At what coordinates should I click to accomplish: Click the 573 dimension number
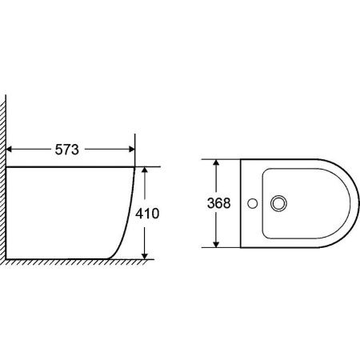(67, 150)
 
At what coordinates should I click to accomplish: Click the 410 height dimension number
(147, 214)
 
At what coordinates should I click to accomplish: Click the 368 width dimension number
(219, 203)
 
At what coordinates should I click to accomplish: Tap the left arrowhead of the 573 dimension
(9, 150)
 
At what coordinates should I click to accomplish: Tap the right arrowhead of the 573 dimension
(132, 150)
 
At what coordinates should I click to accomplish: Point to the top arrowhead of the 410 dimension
(145, 170)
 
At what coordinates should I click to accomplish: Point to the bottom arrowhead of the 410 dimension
(145, 256)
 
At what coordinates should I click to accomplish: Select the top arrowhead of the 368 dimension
(216, 162)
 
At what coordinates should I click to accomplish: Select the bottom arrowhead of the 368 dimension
(216, 244)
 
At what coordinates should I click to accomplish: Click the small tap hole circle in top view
(252, 203)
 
